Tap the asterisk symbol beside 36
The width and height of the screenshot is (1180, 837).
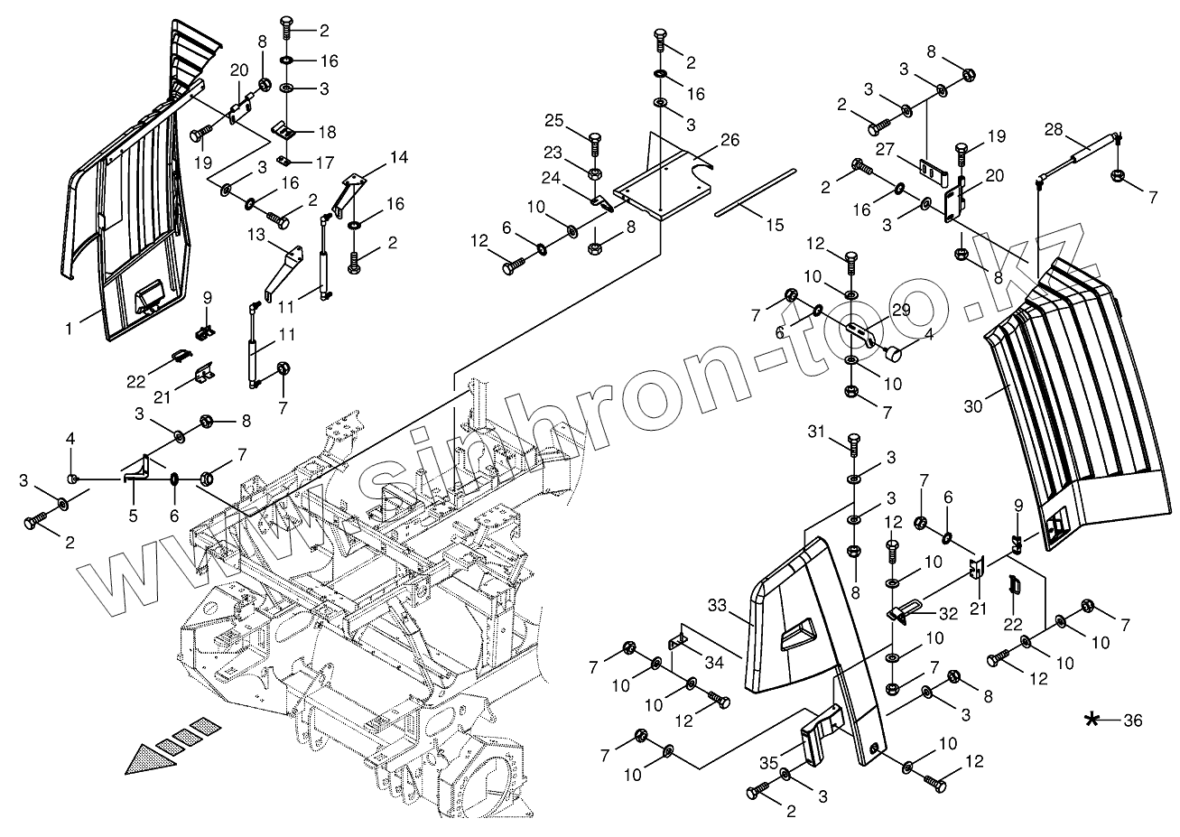(1093, 720)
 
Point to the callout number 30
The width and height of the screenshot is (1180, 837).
(972, 406)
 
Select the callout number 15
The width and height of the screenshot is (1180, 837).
(775, 226)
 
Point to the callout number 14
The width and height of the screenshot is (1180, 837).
(398, 157)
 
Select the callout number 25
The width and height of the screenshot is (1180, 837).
(553, 121)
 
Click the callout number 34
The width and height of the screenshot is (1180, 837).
(714, 663)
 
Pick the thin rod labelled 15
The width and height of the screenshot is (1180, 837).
(756, 191)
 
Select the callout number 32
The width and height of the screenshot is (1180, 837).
(947, 613)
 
